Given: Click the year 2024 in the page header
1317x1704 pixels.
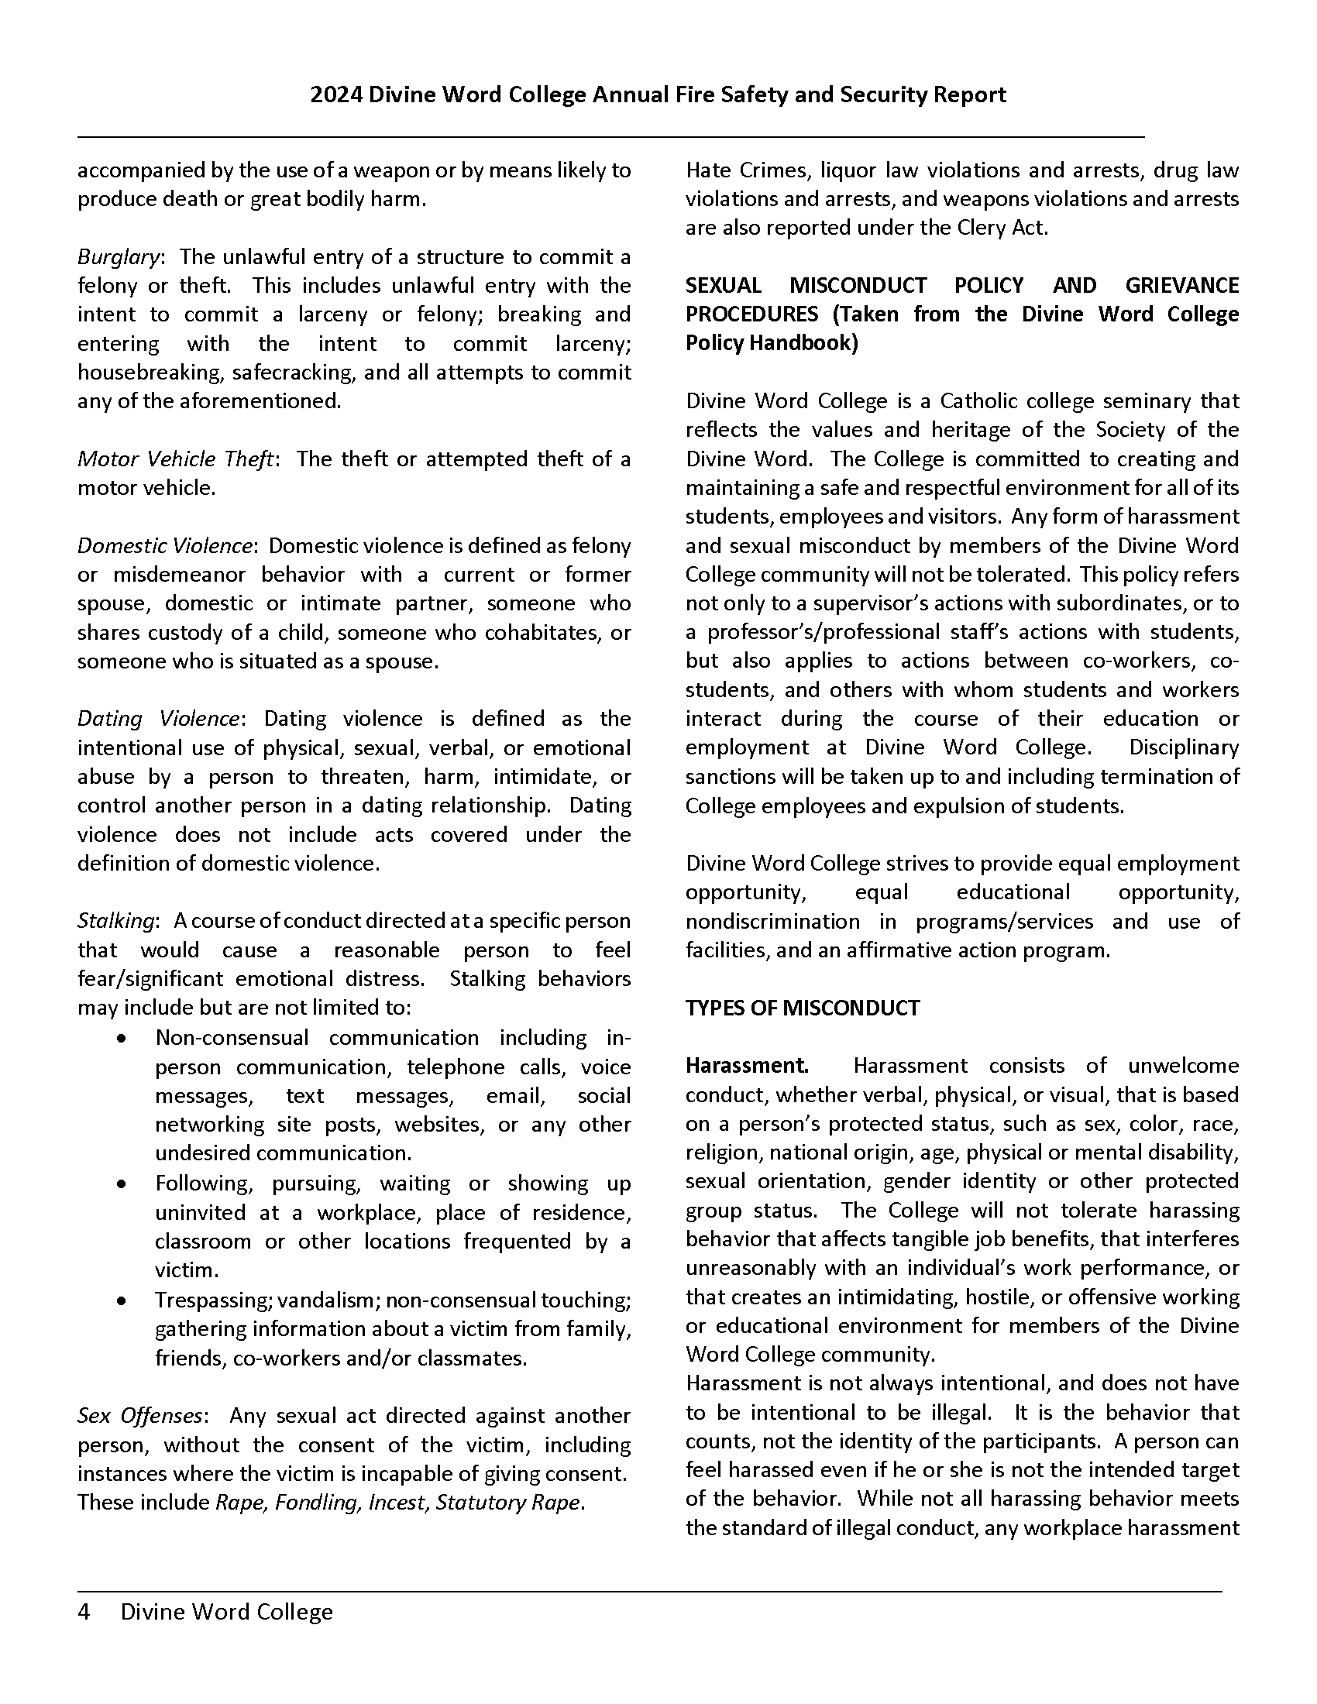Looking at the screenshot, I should pos(336,95).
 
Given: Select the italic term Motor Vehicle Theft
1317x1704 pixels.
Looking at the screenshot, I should pos(176,459).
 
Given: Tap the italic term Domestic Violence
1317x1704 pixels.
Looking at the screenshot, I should pos(166,545).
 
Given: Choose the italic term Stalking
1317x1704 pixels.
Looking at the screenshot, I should pos(115,921).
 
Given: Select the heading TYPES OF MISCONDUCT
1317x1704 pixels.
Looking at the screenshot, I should pos(802,1008).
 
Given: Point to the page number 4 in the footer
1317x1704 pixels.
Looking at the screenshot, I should pos(84,1613).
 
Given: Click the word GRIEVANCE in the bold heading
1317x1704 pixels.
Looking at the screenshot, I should pos(1182,286).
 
